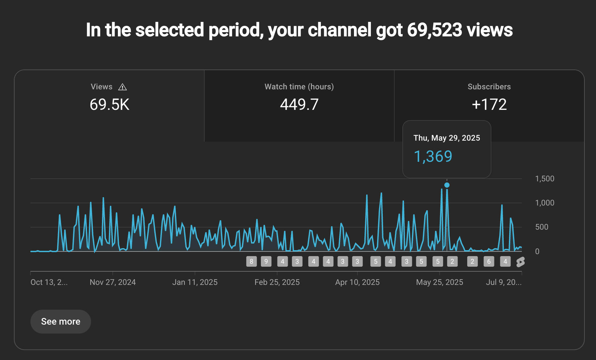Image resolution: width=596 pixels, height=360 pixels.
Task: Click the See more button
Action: coord(61,321)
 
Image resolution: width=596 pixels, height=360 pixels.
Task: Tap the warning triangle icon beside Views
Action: coord(123,87)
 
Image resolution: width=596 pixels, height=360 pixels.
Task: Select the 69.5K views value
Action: coord(109,105)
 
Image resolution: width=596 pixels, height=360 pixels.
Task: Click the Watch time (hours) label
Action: coord(299,87)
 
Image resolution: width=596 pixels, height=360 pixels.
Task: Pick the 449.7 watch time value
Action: coord(299,105)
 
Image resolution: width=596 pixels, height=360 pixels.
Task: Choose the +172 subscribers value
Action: coord(489,105)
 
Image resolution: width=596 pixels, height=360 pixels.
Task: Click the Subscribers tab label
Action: coord(489,87)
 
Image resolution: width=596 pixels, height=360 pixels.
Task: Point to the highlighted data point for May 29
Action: coord(447,185)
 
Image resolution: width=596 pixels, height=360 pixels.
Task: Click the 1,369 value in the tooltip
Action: coord(433,157)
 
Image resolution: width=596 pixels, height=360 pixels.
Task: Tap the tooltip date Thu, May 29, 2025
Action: coord(447,138)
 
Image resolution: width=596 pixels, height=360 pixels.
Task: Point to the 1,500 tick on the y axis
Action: coord(544,179)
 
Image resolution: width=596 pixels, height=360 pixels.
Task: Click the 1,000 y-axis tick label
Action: coord(544,203)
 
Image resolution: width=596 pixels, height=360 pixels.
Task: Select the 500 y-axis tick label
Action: coord(542,227)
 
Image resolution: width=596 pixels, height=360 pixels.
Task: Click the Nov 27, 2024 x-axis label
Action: coord(113,282)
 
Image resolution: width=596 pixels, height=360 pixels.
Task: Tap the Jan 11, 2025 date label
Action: coord(195,282)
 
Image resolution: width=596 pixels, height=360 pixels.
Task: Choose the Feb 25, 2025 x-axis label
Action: coord(277,282)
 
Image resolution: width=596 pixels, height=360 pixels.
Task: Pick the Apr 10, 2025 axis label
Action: coord(357,282)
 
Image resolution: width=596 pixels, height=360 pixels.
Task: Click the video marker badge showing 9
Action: coord(266,261)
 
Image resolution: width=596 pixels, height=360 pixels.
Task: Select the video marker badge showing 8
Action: coord(251,261)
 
